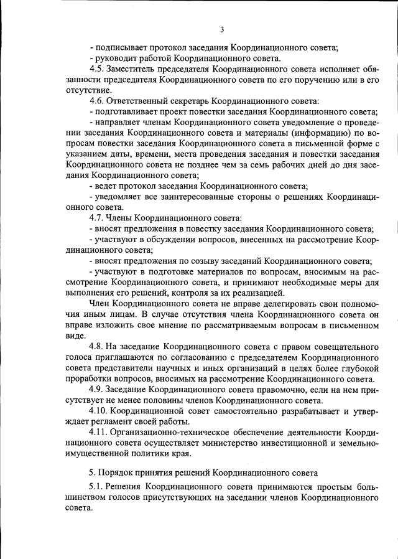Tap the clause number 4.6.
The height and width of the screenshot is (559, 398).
click(98, 101)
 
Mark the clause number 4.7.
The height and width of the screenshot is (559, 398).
click(98, 218)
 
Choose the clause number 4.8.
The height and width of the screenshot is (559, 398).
click(98, 346)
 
